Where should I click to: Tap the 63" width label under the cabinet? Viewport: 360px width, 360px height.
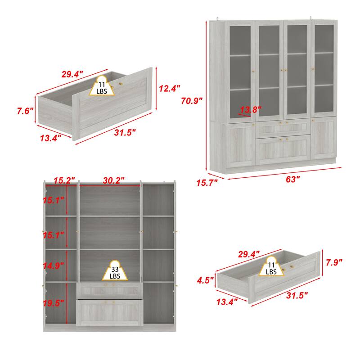[292, 179]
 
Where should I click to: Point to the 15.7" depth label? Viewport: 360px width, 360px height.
[207, 182]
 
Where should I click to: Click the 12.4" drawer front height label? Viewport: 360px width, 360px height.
[170, 89]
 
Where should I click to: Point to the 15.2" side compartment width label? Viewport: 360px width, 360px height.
[64, 180]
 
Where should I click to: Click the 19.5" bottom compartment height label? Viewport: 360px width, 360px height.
[54, 303]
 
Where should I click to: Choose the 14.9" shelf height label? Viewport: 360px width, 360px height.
[54, 266]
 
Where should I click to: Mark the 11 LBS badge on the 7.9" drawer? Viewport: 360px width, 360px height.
[271, 268]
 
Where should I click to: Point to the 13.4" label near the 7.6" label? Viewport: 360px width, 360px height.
[50, 139]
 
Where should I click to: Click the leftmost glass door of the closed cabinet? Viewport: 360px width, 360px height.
[241, 70]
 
